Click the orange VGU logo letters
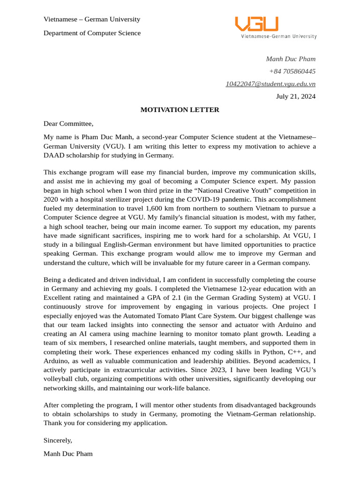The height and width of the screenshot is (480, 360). click(256, 24)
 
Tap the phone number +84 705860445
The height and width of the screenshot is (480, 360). click(292, 71)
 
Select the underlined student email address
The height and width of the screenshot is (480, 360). click(270, 84)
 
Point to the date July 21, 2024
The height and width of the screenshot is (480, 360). click(295, 97)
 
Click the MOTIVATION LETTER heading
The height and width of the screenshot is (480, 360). click(180, 110)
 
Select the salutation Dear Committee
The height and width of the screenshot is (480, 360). click(68, 124)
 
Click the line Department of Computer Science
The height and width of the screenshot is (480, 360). click(92, 33)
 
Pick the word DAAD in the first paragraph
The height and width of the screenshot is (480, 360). click(54, 155)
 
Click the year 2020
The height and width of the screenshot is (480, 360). click(51, 199)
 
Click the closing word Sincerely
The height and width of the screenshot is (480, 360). click(58, 440)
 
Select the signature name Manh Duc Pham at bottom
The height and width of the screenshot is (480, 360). click(68, 453)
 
